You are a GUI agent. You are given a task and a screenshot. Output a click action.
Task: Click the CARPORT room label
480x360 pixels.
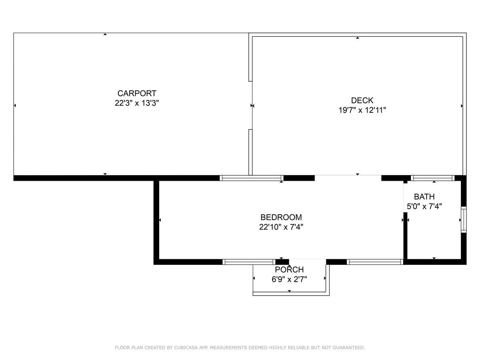point(137,93)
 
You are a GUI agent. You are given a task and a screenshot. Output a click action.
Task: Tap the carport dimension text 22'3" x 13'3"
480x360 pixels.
point(137,103)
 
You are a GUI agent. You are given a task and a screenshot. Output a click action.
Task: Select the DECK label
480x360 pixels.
point(362,100)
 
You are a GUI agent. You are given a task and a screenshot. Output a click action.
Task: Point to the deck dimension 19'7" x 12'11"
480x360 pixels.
point(362,110)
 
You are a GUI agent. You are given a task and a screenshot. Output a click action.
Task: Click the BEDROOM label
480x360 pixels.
point(281,217)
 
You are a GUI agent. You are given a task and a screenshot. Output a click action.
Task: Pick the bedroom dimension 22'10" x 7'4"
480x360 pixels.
point(281,227)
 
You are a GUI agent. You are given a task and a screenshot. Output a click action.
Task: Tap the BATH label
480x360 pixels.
point(424,196)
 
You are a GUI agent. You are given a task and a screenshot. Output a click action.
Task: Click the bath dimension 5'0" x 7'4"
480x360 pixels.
point(424,206)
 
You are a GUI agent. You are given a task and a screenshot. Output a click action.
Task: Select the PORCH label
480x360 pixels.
point(289,270)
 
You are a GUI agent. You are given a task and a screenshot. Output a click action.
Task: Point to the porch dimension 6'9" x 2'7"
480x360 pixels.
point(289,279)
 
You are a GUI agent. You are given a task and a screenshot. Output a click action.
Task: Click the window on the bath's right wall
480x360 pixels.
point(464,220)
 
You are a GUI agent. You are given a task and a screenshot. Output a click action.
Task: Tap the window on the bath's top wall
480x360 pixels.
point(433,178)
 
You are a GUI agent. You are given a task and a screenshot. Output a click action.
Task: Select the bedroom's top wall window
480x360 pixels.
point(252,178)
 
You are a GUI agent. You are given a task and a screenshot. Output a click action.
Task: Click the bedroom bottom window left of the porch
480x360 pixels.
point(249,262)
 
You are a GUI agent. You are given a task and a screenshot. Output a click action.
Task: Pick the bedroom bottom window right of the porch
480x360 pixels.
point(374,262)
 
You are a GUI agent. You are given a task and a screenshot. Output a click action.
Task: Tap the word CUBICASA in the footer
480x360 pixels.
point(188,348)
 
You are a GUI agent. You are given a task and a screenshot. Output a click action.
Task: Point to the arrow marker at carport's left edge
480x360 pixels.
point(15,106)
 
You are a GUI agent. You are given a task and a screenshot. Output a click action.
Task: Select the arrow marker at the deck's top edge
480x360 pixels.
point(358,38)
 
